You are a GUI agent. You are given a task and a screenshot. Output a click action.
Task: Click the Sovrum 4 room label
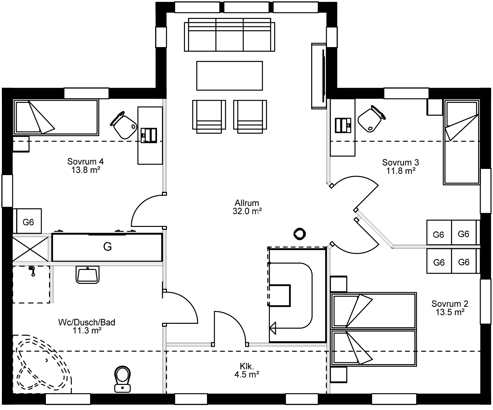[85, 166]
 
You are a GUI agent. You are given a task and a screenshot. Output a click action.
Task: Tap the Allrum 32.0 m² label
[247, 207]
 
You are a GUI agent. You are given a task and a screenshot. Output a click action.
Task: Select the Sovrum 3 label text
[401, 166]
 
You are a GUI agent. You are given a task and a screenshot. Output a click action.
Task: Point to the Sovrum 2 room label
[450, 308]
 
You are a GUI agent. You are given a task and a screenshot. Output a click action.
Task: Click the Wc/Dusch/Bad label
[87, 326]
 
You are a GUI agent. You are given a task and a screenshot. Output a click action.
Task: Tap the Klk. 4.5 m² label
[247, 370]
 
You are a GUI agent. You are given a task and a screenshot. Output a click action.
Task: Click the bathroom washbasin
[87, 275]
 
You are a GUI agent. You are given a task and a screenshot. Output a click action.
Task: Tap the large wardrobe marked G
[107, 247]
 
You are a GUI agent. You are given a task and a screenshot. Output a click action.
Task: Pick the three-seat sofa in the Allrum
[230, 35]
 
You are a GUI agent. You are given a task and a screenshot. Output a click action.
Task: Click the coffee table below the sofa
[230, 76]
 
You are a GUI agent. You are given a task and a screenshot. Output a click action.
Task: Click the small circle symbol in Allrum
[300, 234]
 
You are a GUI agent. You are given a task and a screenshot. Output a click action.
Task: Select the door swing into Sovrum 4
[147, 211]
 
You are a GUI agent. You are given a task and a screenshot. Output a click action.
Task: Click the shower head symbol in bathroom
[32, 271]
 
